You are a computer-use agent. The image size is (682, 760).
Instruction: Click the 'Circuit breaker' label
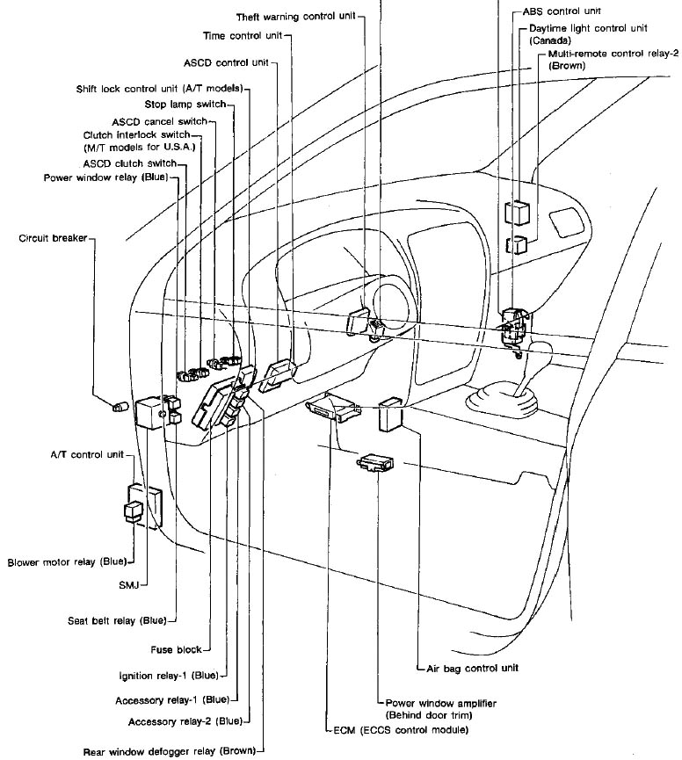(x=52, y=238)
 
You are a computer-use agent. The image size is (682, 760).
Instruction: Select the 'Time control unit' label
(x=243, y=36)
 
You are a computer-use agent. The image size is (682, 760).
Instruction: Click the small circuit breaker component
(x=120, y=405)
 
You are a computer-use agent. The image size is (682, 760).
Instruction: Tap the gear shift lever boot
(x=501, y=402)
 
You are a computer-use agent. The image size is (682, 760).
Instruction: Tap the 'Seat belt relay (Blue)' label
(x=116, y=621)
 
